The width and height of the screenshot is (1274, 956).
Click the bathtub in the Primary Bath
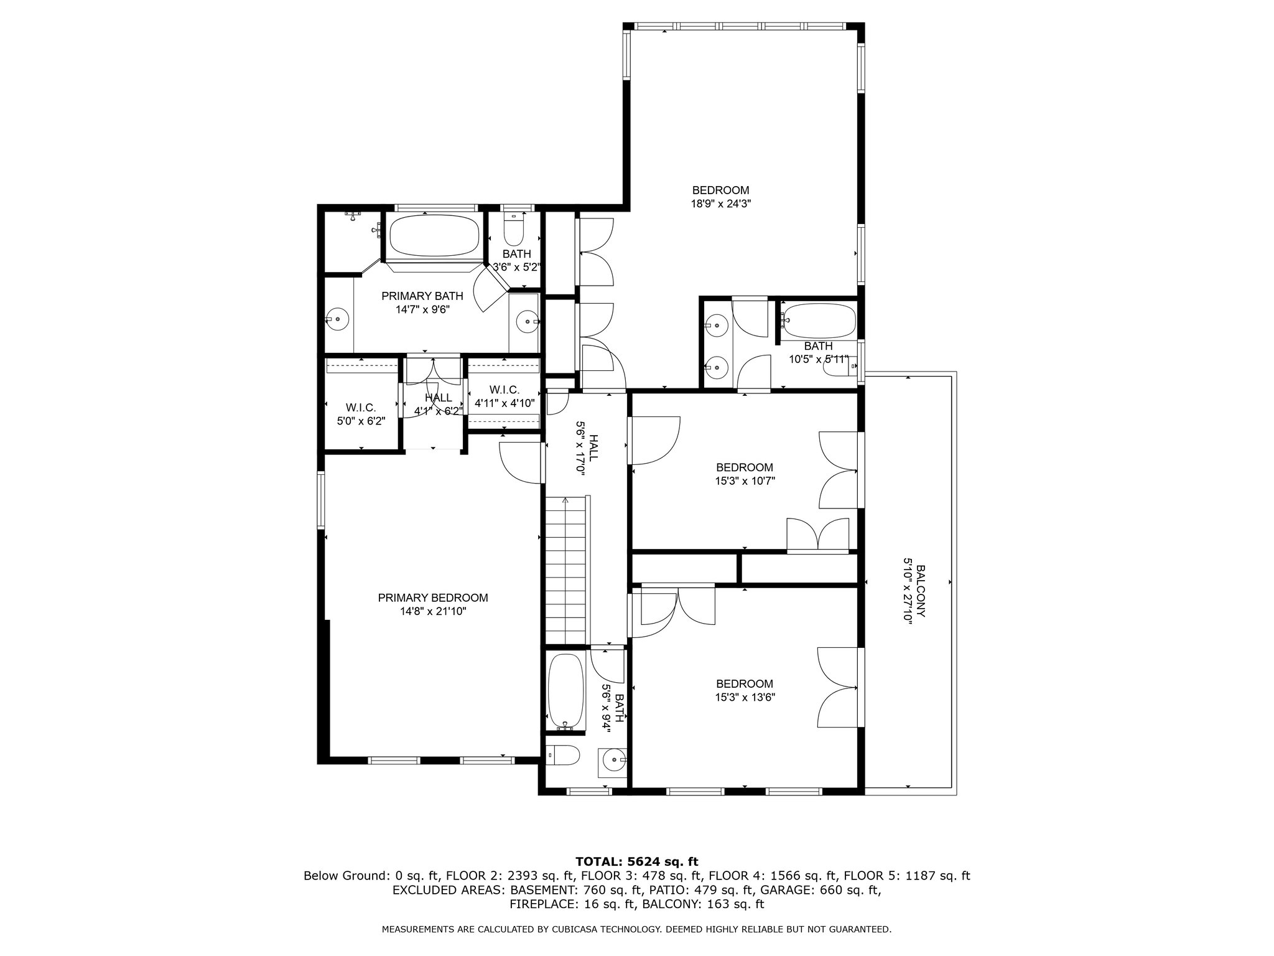[x=434, y=236]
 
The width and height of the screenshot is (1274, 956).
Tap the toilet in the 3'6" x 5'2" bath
[x=514, y=233]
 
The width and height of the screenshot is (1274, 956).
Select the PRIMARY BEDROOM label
[x=433, y=598]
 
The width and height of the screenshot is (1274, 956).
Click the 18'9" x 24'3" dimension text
[x=720, y=204]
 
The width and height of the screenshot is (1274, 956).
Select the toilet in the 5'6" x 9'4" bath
[x=564, y=755]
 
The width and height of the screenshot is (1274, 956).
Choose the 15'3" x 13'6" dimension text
[x=745, y=698]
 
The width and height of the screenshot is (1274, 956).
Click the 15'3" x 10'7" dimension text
[x=745, y=480]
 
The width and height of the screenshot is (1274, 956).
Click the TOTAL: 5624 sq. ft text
[x=637, y=861]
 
